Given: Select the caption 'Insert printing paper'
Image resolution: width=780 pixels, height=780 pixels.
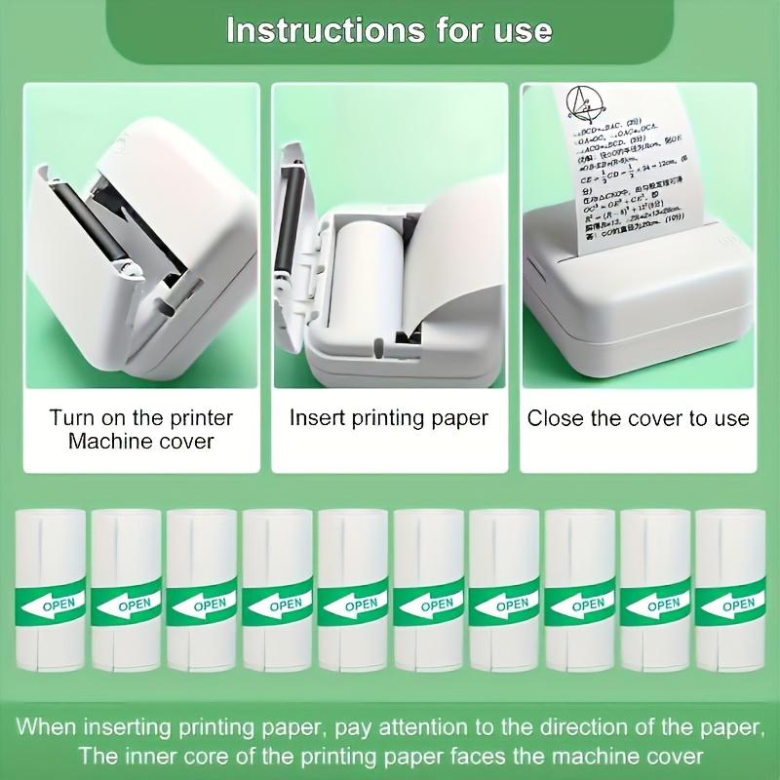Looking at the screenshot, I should (x=389, y=418).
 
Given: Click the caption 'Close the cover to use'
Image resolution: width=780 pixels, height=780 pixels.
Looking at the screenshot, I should (x=639, y=418).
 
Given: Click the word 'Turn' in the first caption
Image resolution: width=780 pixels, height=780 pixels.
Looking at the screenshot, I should (x=72, y=418).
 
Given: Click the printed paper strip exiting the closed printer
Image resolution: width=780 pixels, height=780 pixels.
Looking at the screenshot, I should (x=629, y=171).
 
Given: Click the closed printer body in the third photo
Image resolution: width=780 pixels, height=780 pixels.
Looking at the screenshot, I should (x=634, y=312).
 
